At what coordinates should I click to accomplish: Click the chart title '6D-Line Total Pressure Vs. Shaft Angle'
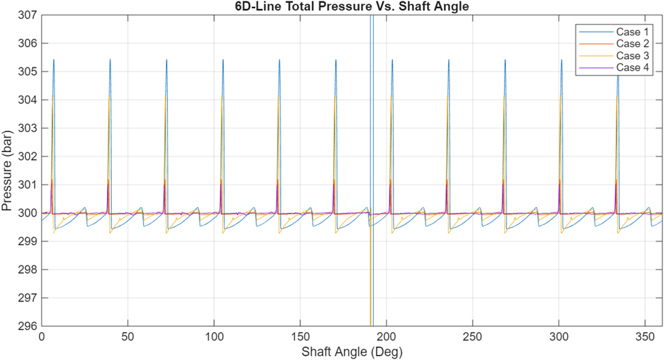pyautogui.click(x=352, y=7)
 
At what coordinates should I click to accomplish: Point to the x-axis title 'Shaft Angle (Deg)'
pyautogui.click(x=352, y=353)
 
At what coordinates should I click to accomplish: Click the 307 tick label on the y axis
pyautogui.click(x=27, y=15)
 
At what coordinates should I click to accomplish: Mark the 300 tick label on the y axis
pyautogui.click(x=27, y=213)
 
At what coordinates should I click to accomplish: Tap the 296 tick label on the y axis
pyautogui.click(x=27, y=326)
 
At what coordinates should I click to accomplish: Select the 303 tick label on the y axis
pyautogui.click(x=27, y=128)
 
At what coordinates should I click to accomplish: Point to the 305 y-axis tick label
pyautogui.click(x=27, y=71)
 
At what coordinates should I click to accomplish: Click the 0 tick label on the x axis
pyautogui.click(x=42, y=337)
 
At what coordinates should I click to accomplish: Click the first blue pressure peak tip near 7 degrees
pyautogui.click(x=53, y=60)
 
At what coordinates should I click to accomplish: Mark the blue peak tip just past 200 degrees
pyautogui.click(x=392, y=60)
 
